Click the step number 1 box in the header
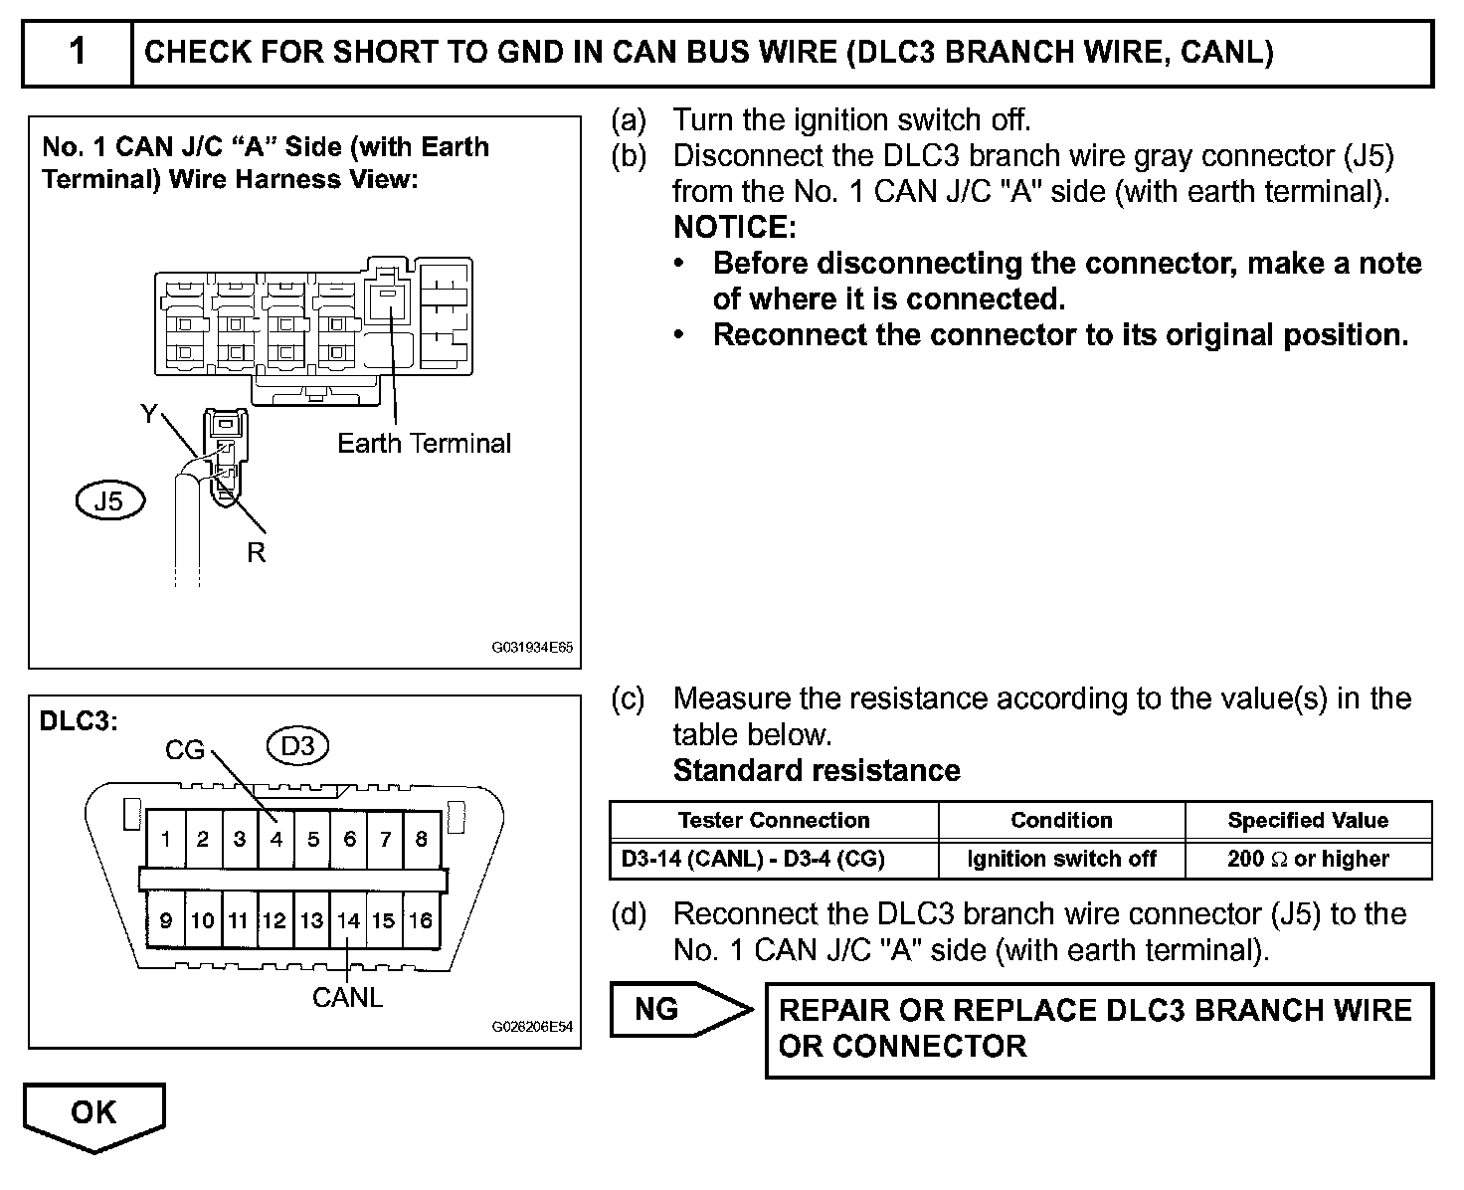tap(78, 52)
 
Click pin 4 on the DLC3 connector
tap(275, 839)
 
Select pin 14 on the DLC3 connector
tap(348, 920)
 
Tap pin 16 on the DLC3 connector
tap(421, 920)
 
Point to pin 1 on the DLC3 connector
tap(166, 839)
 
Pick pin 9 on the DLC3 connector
tap(166, 920)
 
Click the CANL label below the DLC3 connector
tap(347, 997)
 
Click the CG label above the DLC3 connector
tap(185, 750)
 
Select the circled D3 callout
tap(298, 745)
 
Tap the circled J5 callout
tap(109, 500)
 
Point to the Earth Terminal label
tap(424, 443)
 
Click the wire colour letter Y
tap(149, 414)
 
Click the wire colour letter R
tap(257, 553)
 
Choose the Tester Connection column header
tap(774, 820)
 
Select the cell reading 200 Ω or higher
tap(1308, 859)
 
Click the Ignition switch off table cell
tap(1061, 859)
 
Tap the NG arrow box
tap(676, 1010)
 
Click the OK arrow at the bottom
tap(93, 1113)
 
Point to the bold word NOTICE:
tap(735, 228)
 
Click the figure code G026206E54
tap(532, 1027)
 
